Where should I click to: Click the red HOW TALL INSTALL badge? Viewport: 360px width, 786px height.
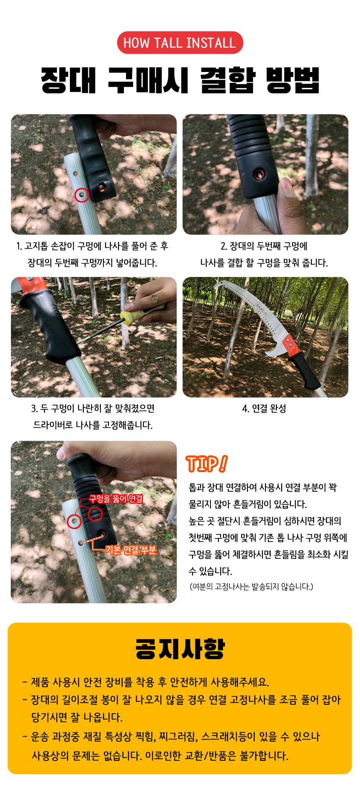tap(180, 43)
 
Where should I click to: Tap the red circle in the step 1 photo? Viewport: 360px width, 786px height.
tap(82, 195)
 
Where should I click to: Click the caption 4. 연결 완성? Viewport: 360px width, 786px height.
tap(264, 408)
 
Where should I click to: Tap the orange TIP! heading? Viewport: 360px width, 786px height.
tap(207, 464)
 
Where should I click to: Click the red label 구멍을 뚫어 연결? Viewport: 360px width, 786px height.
tap(116, 498)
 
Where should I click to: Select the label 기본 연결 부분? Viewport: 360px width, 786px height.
tap(131, 550)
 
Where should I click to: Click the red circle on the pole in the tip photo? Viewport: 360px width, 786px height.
tap(75, 521)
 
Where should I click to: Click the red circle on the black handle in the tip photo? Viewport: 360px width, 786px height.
tap(95, 514)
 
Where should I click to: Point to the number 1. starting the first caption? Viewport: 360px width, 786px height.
tap(19, 246)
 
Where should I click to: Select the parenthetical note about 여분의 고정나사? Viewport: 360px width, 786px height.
tap(251, 586)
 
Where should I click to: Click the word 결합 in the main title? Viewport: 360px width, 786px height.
tap(228, 80)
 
